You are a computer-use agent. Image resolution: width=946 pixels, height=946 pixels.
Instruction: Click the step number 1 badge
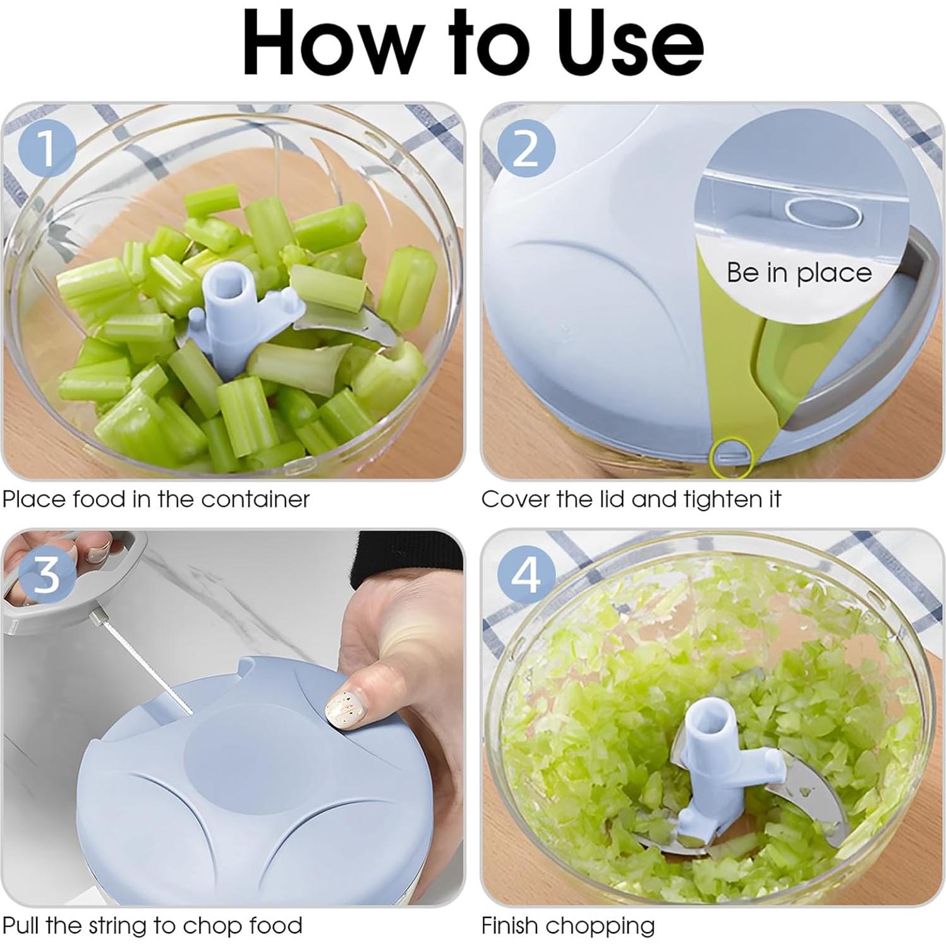click(x=48, y=149)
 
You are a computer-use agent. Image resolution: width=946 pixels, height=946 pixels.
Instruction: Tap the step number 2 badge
click(x=526, y=149)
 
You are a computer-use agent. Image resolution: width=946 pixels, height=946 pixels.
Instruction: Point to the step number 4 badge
click(x=526, y=575)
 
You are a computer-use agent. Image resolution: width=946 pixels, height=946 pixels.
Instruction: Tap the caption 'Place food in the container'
click(x=156, y=499)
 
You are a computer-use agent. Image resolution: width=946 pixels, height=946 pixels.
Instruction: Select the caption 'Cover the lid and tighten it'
click(x=631, y=499)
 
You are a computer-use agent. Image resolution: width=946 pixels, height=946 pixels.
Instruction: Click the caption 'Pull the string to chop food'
click(x=152, y=926)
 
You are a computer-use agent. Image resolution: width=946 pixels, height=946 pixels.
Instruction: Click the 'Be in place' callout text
click(x=799, y=272)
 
